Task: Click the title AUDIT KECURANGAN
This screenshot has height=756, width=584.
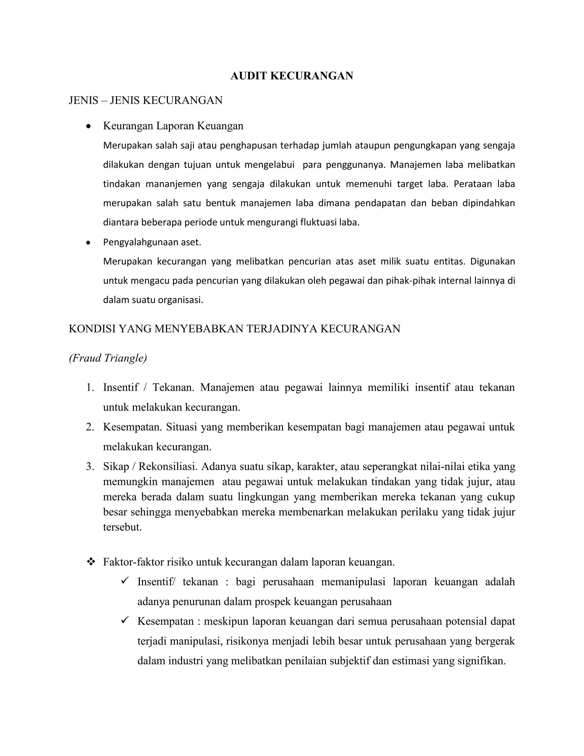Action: (292, 76)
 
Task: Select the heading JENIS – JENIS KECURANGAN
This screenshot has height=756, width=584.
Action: (146, 100)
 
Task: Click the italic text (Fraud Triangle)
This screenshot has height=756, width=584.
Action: (108, 358)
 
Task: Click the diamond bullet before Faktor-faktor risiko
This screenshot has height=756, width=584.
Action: (91, 562)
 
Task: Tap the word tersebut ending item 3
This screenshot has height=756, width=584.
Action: (122, 527)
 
